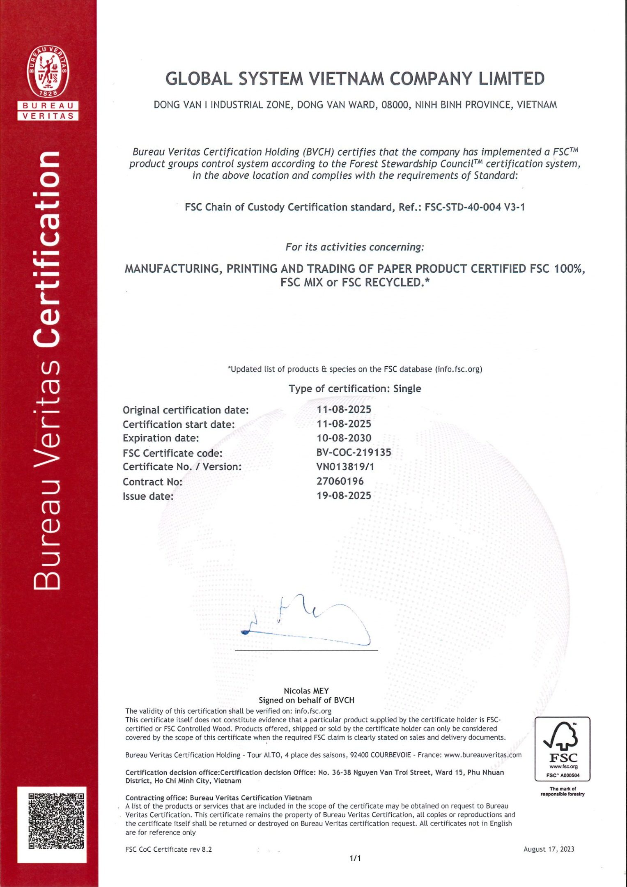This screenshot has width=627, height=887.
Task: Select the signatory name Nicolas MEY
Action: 306,691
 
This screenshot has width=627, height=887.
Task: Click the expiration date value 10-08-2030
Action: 344,438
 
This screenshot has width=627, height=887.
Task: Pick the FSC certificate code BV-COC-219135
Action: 354,453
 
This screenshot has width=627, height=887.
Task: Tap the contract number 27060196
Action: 340,481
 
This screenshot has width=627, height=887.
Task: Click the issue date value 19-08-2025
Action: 344,496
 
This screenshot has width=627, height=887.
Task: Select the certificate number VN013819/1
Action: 345,467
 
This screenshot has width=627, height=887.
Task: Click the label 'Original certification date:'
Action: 186,410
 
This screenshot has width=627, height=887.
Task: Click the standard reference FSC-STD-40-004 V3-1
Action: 475,207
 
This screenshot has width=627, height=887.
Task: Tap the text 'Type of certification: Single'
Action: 355,388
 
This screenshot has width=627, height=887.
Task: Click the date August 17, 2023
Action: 549,849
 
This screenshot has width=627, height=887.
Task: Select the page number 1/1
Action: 355,858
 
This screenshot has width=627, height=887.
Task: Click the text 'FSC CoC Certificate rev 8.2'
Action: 169,850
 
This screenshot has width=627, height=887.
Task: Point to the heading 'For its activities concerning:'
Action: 354,247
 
